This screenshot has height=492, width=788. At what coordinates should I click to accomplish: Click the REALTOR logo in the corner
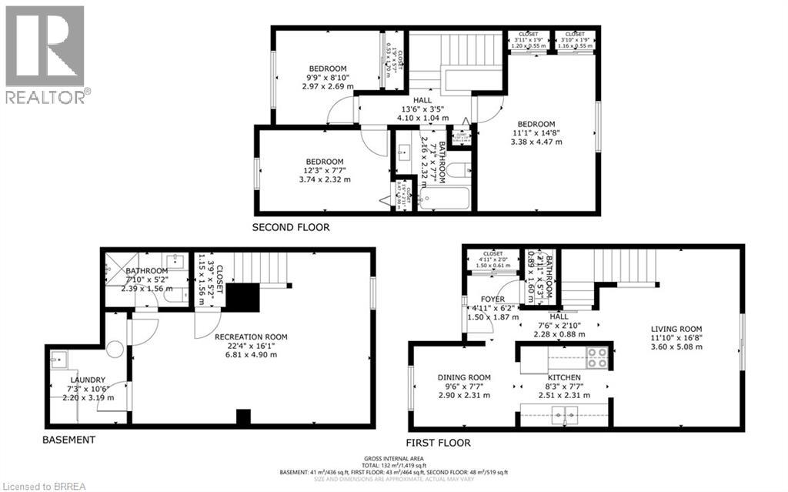[45, 54]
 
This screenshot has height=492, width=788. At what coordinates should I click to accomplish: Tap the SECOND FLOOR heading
[291, 228]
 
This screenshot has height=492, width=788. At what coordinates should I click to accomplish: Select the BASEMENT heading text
[69, 440]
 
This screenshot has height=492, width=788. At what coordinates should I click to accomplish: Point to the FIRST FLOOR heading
[438, 443]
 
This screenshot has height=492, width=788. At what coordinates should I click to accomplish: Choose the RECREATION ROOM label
[251, 336]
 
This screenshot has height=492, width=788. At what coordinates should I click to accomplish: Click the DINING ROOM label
[464, 377]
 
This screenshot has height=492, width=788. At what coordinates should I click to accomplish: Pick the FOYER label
[492, 300]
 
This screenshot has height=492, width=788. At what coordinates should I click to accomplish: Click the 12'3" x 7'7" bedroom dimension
[324, 170]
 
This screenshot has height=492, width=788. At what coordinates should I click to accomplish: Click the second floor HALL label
[422, 101]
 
